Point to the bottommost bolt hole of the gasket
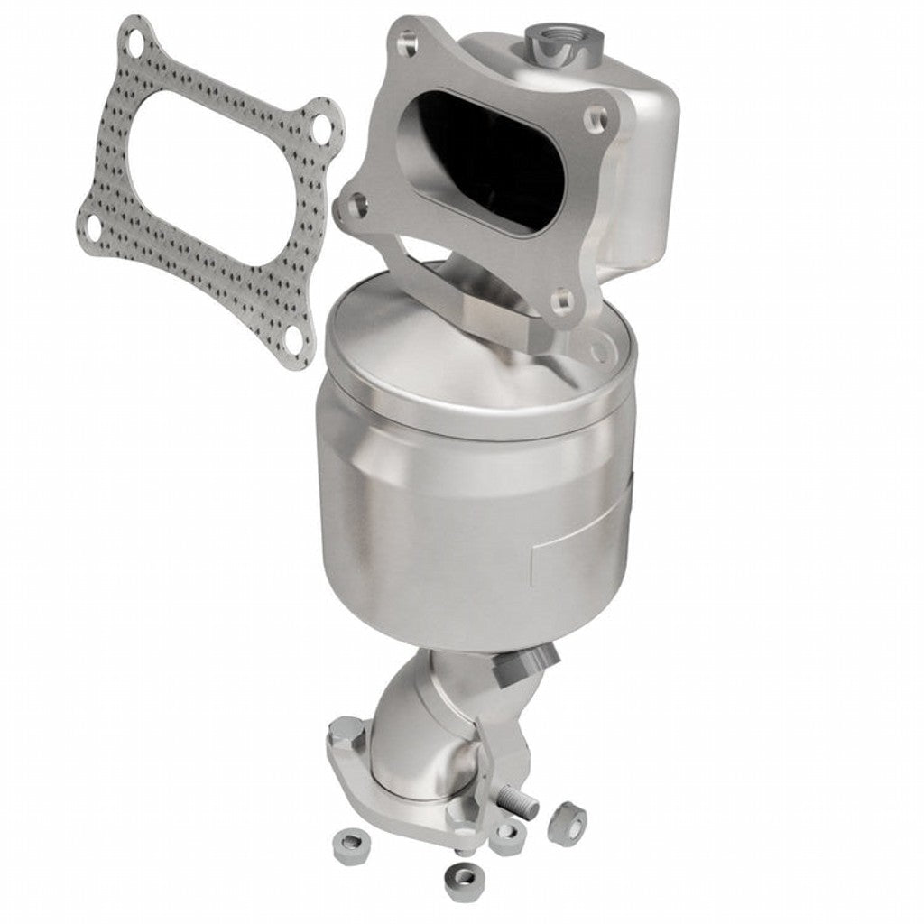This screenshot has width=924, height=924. tap(293, 338)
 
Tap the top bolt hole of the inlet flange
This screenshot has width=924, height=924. tap(407, 39)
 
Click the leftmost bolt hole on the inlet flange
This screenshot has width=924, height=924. tap(357, 204)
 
